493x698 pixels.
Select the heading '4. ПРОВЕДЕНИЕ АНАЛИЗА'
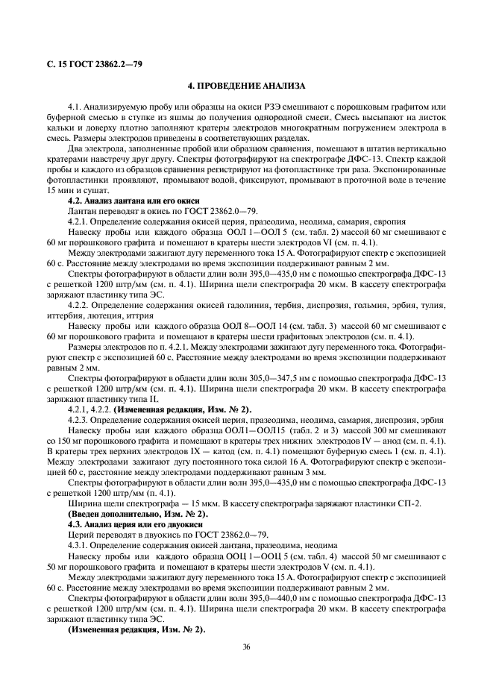tap(246, 87)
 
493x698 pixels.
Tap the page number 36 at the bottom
tap(246, 647)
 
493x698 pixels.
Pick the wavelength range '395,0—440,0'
tap(271, 598)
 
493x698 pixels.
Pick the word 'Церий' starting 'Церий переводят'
tap(80, 535)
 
